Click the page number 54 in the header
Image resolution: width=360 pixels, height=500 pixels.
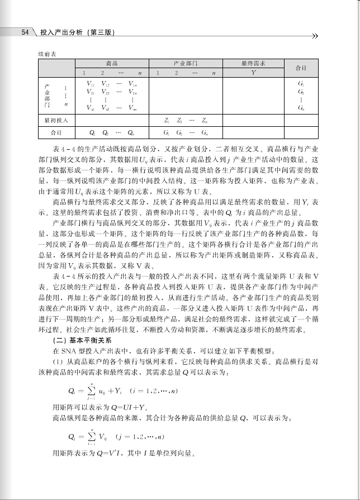click(25, 33)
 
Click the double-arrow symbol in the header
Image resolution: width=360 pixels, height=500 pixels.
click(314, 36)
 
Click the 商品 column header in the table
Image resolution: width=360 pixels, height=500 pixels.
click(111, 64)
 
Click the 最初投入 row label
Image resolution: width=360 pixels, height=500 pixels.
click(56, 120)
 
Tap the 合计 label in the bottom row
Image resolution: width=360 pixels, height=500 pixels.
click(56, 133)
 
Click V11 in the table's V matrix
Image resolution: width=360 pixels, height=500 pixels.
click(89, 84)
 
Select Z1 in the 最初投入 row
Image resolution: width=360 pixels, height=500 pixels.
click(167, 120)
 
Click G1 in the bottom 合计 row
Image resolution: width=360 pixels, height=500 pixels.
click(167, 133)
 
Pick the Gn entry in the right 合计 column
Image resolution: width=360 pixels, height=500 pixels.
click(301, 107)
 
